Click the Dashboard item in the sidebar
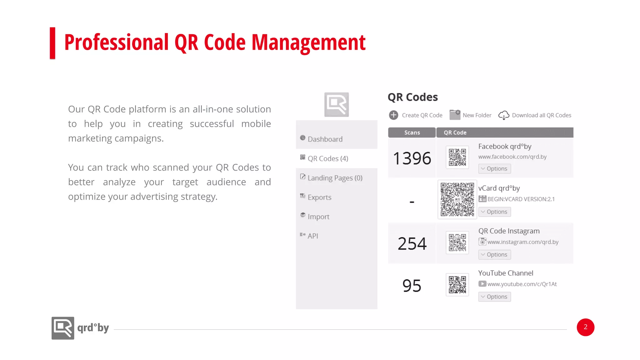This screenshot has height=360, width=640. tap(325, 139)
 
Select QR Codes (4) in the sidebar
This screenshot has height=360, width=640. tap(328, 158)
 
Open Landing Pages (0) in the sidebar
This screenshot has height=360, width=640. tap(335, 178)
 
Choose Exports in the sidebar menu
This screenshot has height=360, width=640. tap(319, 197)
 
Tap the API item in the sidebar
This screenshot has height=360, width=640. tap(312, 236)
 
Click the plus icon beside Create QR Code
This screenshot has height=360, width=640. tap(393, 115)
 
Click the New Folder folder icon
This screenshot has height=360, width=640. tap(455, 115)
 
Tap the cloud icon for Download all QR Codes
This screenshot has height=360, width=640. tap(503, 115)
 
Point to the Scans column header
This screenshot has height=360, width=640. tap(412, 132)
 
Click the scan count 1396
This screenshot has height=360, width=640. tap(412, 158)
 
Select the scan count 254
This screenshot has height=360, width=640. tap(412, 243)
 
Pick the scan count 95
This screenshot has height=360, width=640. tap(412, 286)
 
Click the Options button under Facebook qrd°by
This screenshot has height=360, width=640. tap(494, 169)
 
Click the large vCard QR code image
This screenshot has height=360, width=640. tap(457, 199)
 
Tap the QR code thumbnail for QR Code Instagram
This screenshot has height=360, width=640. tap(457, 242)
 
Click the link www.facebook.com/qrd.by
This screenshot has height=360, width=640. tap(512, 157)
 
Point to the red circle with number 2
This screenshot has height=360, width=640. tap(585, 327)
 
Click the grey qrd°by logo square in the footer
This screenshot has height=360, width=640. tap(63, 328)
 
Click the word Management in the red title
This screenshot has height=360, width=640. tap(308, 42)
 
